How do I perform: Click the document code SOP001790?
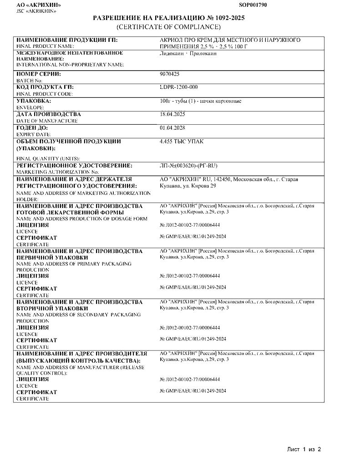point(253,5)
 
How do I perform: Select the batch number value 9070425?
point(169,73)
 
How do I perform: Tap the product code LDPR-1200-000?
point(179,86)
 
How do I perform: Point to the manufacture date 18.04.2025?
point(172,114)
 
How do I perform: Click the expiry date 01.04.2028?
point(172,127)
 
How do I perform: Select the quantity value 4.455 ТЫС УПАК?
point(182,142)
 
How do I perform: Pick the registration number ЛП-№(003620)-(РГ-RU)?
point(188,165)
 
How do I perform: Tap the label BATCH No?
point(29,80)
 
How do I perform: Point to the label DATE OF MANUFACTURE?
point(47,121)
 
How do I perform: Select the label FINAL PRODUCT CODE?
point(45,94)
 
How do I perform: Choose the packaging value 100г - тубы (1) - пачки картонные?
point(201,101)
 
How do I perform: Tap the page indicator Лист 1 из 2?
point(304,449)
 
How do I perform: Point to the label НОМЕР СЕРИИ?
point(39,73)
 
